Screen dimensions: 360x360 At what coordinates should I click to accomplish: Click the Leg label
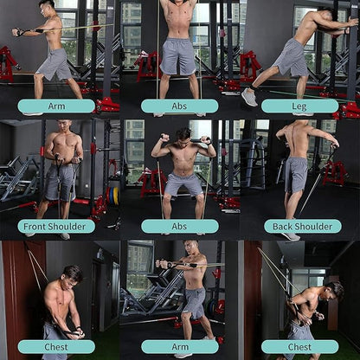(299, 106)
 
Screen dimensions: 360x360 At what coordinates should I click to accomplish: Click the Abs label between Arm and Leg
(179, 106)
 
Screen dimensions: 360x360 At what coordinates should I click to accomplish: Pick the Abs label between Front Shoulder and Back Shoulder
(179, 226)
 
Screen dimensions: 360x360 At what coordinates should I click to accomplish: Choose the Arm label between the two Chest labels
(179, 346)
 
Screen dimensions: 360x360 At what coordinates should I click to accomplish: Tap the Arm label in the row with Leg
(56, 106)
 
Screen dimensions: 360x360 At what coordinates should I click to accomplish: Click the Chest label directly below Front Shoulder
(56, 346)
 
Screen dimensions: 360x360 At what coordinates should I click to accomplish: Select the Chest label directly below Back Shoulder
(299, 346)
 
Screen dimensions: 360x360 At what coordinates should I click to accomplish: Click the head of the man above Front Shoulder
(61, 130)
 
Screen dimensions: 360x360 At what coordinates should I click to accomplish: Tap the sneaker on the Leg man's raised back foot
(249, 97)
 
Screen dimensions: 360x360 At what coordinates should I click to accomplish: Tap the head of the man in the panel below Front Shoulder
(72, 274)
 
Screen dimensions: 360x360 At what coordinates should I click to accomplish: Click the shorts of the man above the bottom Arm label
(194, 304)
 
